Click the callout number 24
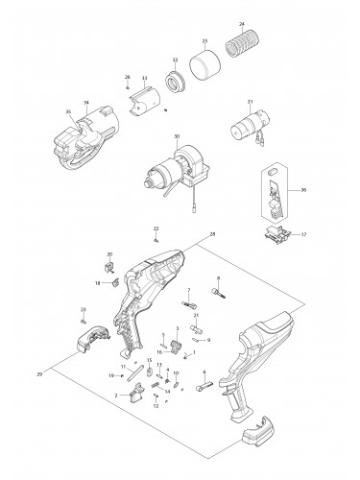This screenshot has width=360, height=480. (x=242, y=22)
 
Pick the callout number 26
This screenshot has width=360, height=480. (x=127, y=77)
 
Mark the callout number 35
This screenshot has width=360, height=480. (x=68, y=111)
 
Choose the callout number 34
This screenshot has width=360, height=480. (x=86, y=103)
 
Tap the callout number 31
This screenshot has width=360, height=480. (x=250, y=102)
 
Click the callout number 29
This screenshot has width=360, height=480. (x=38, y=372)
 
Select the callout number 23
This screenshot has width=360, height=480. (x=83, y=308)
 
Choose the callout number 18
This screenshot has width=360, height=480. (x=98, y=283)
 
